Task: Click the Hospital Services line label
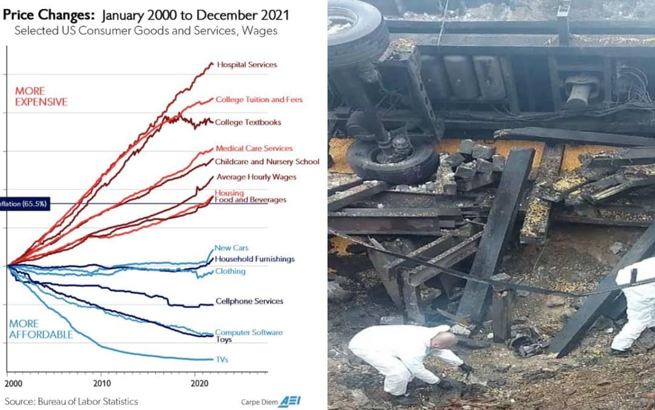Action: coord(246,64)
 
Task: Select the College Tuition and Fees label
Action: coord(259,100)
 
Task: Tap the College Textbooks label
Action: coord(248,122)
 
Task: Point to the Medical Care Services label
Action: coord(254,148)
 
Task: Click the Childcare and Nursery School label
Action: coord(267,162)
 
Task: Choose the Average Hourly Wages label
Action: coord(256,177)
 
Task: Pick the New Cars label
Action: coord(232,248)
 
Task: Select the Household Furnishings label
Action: coord(255,259)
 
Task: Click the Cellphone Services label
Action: coord(249,301)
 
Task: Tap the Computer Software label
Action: coord(249,332)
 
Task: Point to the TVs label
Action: coord(222,360)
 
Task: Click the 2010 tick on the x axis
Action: coord(101,383)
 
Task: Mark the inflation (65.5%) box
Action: coord(24,203)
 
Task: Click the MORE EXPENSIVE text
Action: coord(41,97)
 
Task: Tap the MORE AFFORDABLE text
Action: coord(41,329)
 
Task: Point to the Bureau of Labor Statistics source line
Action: coord(72,401)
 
